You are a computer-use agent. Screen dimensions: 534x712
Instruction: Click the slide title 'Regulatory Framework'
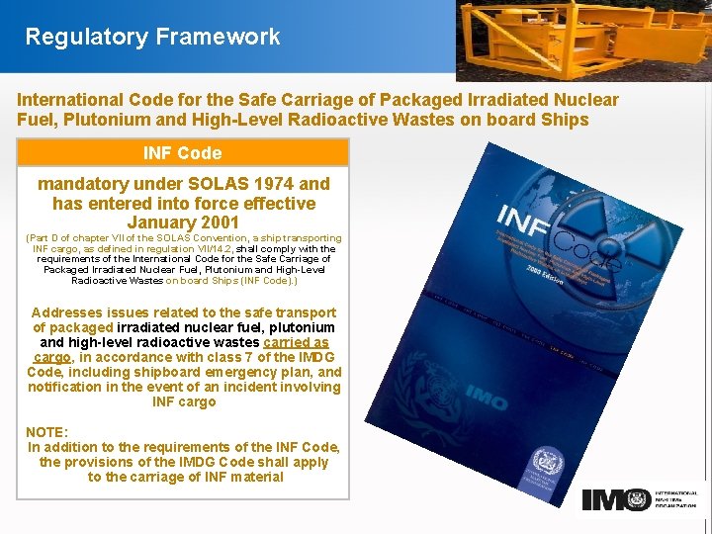pos(152,38)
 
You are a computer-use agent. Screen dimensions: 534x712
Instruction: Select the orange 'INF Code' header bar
pos(182,152)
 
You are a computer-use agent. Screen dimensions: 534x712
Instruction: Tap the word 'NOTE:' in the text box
pos(47,432)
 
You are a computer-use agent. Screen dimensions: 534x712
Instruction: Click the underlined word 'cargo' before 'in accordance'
pos(51,357)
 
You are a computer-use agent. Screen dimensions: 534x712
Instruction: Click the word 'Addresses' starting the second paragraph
pos(63,312)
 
